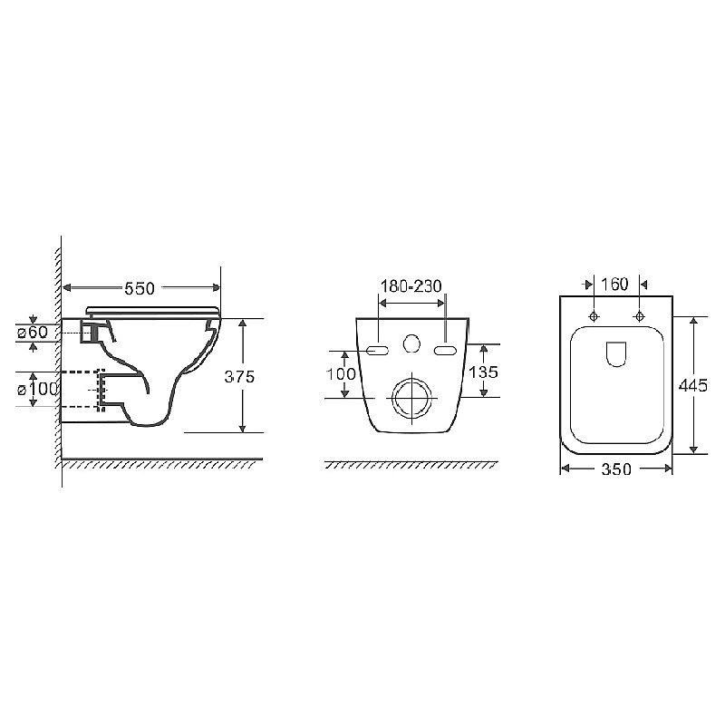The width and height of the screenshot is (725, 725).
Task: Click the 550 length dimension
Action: pyautogui.click(x=140, y=288)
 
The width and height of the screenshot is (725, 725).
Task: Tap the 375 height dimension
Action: pyautogui.click(x=239, y=377)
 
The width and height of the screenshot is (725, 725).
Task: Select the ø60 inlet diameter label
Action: pyautogui.click(x=33, y=332)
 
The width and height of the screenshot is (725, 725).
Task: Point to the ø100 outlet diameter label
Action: pyautogui.click(x=38, y=390)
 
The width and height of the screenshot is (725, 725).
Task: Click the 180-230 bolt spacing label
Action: pyautogui.click(x=411, y=286)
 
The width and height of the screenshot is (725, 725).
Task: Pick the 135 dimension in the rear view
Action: pyautogui.click(x=484, y=372)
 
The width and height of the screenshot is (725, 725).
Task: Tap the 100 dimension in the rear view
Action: pyautogui.click(x=342, y=373)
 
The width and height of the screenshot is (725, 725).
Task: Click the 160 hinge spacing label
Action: pyautogui.click(x=614, y=284)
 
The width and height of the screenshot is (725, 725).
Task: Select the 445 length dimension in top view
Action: pyautogui.click(x=693, y=385)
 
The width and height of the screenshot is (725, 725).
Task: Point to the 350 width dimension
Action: pyautogui.click(x=616, y=469)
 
